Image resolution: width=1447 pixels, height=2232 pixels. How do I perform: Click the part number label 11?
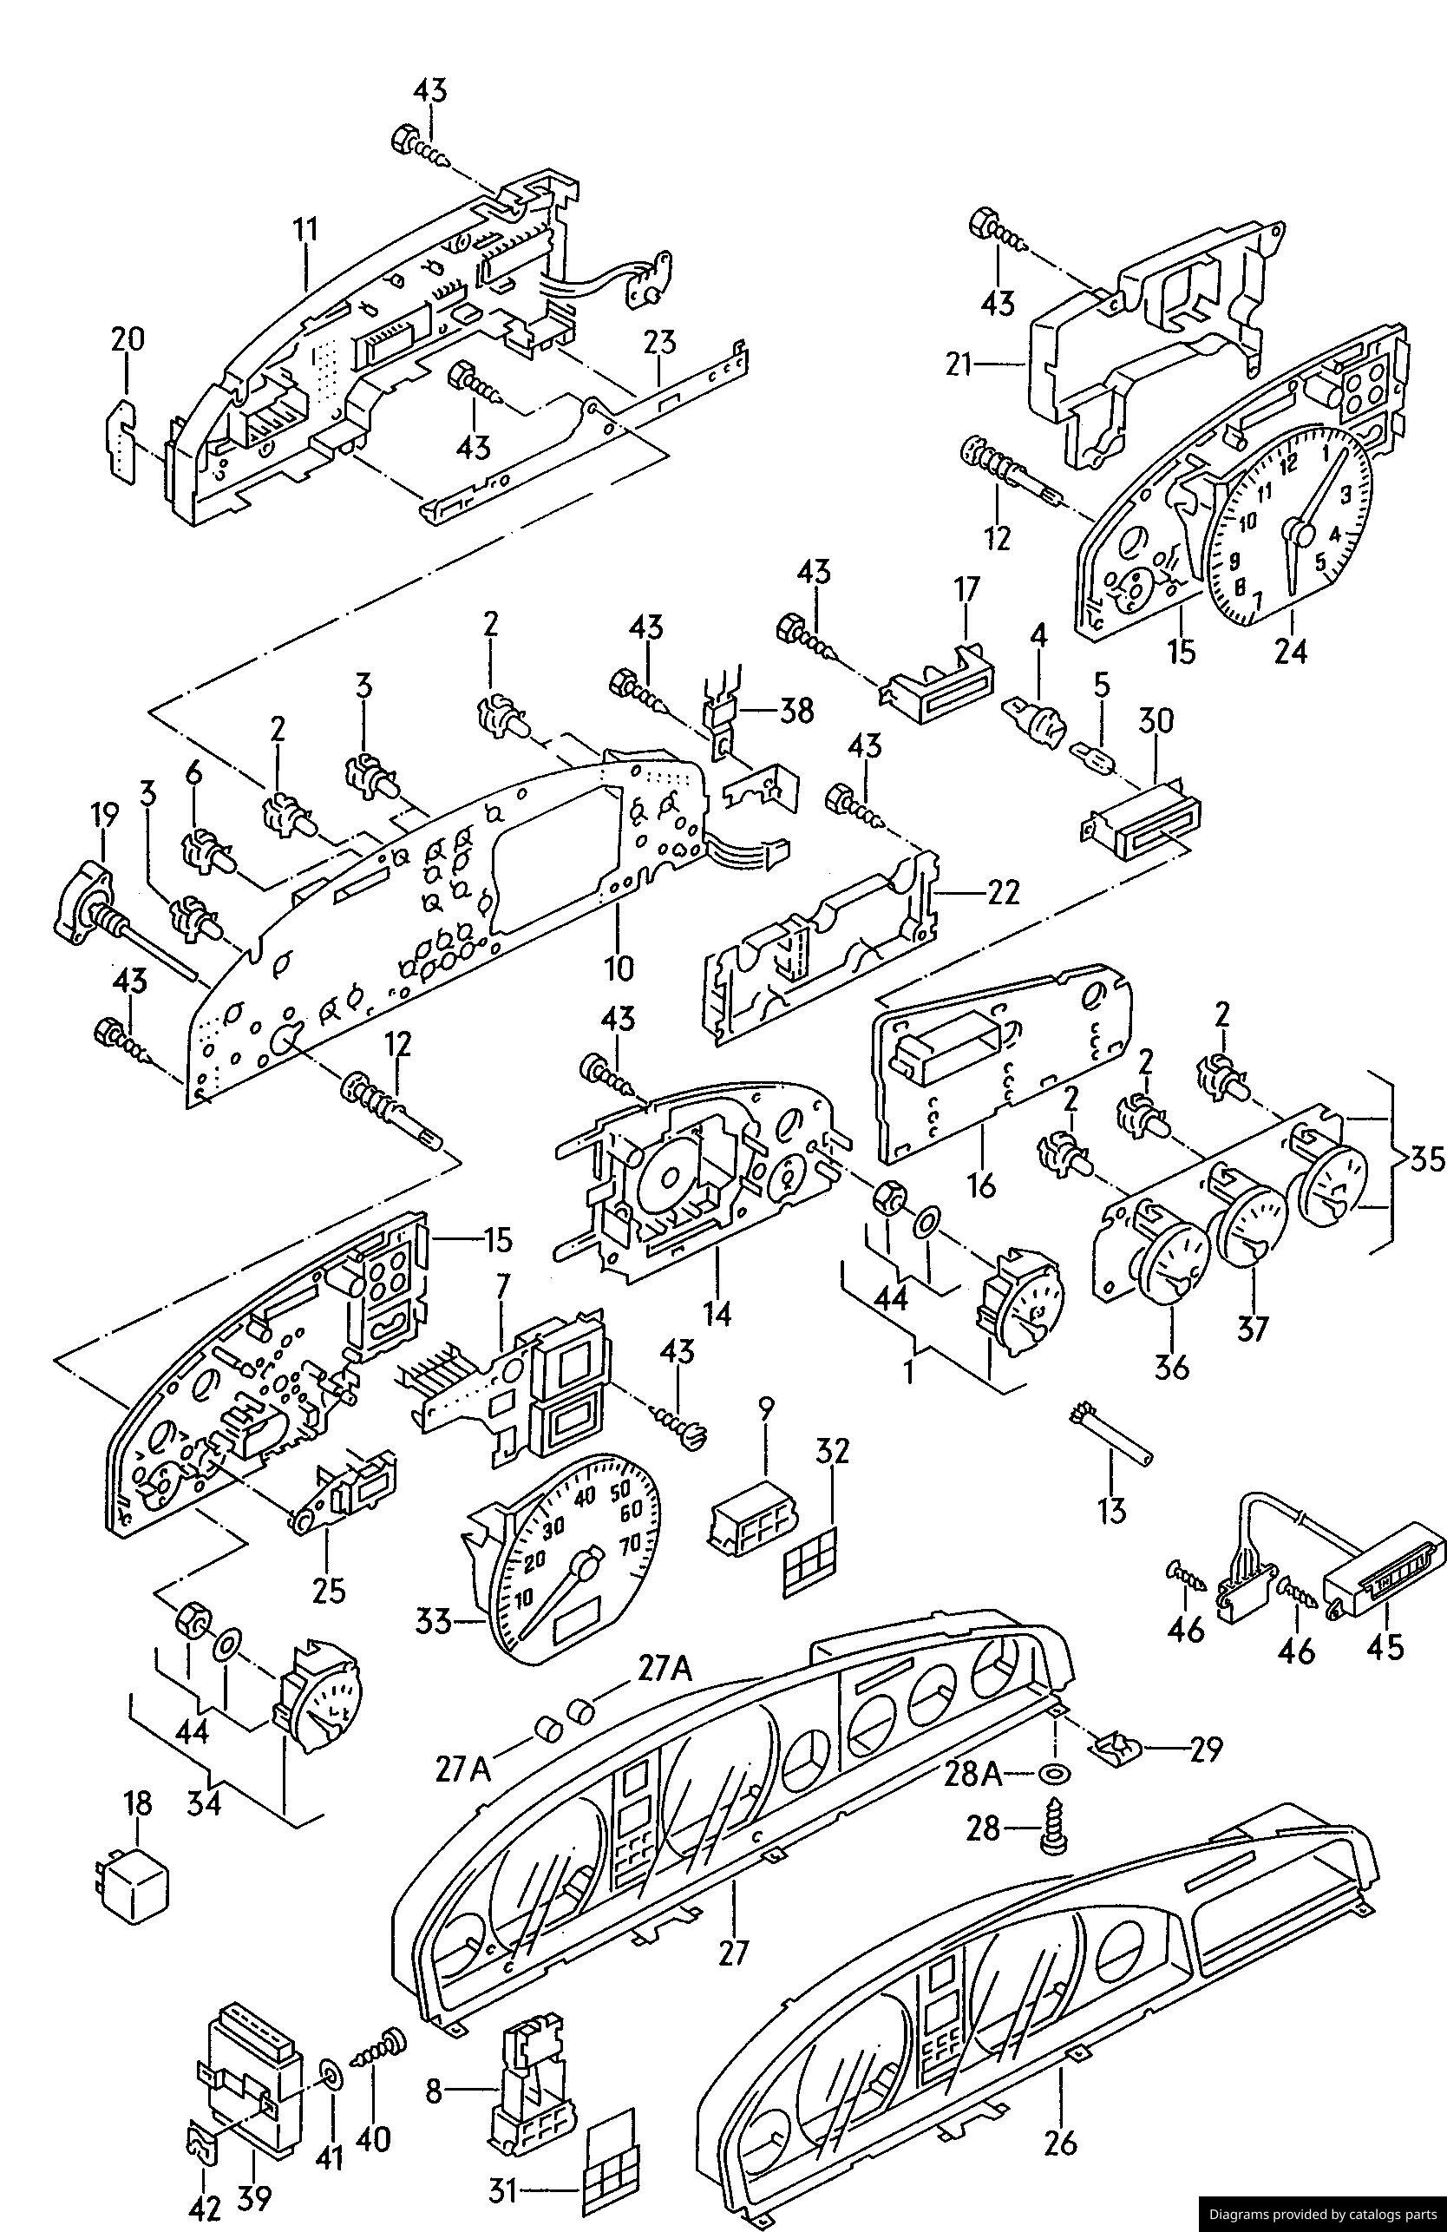pos(304,229)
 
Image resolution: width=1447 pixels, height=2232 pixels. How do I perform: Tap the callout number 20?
pos(128,338)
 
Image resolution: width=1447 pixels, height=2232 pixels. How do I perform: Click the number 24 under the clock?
pos(1290,650)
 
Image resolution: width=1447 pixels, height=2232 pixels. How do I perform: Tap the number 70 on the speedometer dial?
pos(628,1543)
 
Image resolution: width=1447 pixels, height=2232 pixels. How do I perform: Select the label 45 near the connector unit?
pos(1386,1671)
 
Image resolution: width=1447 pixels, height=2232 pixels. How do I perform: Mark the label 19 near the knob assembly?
pos(103,816)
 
